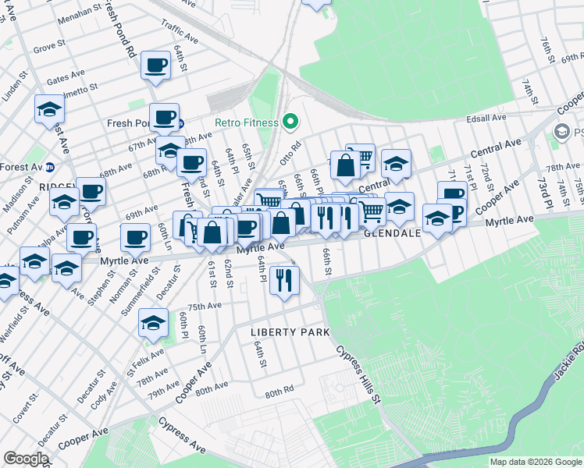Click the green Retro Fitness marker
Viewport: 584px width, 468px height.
coord(290,122)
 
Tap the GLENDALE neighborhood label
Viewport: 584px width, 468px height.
coord(393,232)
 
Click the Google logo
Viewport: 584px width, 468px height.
coord(26,459)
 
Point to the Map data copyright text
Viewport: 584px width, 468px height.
coord(536,462)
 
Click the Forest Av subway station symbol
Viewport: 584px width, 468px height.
coord(49,166)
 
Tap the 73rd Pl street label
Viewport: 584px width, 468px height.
coord(543,192)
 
